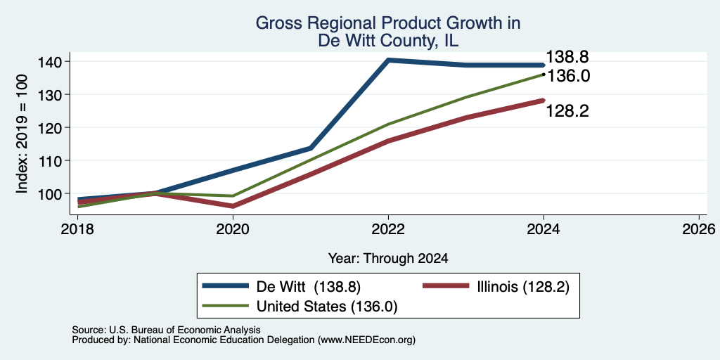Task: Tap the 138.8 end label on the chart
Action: (567, 57)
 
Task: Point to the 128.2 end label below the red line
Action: (567, 111)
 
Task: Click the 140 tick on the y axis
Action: (51, 62)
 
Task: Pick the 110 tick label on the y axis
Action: (51, 161)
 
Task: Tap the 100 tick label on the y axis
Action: (51, 194)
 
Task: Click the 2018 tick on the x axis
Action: (77, 229)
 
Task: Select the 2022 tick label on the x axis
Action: (388, 229)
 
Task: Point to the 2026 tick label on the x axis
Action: (699, 229)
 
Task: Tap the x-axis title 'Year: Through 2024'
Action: (388, 259)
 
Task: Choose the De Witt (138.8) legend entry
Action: (281, 287)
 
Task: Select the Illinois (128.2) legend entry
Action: (496, 287)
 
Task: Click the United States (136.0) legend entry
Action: (300, 307)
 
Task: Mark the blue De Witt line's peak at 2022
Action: (388, 60)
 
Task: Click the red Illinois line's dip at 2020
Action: (233, 206)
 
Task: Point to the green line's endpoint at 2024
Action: (544, 74)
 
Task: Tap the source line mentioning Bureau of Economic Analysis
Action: (166, 330)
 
